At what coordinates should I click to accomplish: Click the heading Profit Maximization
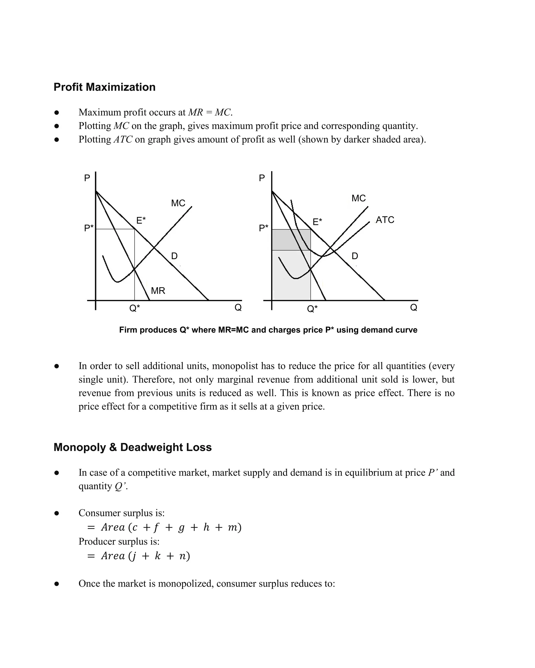pyautogui.click(x=104, y=87)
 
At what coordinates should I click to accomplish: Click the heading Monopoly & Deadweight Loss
pyautogui.click(x=132, y=447)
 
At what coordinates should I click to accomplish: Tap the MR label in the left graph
pyautogui.click(x=158, y=291)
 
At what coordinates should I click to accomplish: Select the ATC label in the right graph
pyautogui.click(x=385, y=220)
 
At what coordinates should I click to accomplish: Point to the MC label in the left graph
pyautogui.click(x=178, y=203)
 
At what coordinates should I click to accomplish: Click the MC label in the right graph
pyautogui.click(x=358, y=198)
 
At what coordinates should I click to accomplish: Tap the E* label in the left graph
pyautogui.click(x=141, y=220)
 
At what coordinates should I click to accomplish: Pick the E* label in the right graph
pyautogui.click(x=317, y=222)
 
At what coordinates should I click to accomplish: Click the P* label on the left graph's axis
pyautogui.click(x=89, y=228)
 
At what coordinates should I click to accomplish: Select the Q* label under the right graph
pyautogui.click(x=312, y=309)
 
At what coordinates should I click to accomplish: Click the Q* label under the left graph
pyautogui.click(x=135, y=308)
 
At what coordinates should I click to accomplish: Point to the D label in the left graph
pyautogui.click(x=174, y=256)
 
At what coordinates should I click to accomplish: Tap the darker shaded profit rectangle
pyautogui.click(x=291, y=240)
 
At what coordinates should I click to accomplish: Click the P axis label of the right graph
pyautogui.click(x=262, y=178)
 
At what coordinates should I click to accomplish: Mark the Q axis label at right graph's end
pyautogui.click(x=414, y=307)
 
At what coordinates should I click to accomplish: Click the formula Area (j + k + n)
pyautogui.click(x=145, y=556)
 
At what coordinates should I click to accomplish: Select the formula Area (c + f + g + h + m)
pyautogui.click(x=171, y=527)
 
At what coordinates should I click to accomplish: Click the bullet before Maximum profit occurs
pyautogui.click(x=56, y=112)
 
